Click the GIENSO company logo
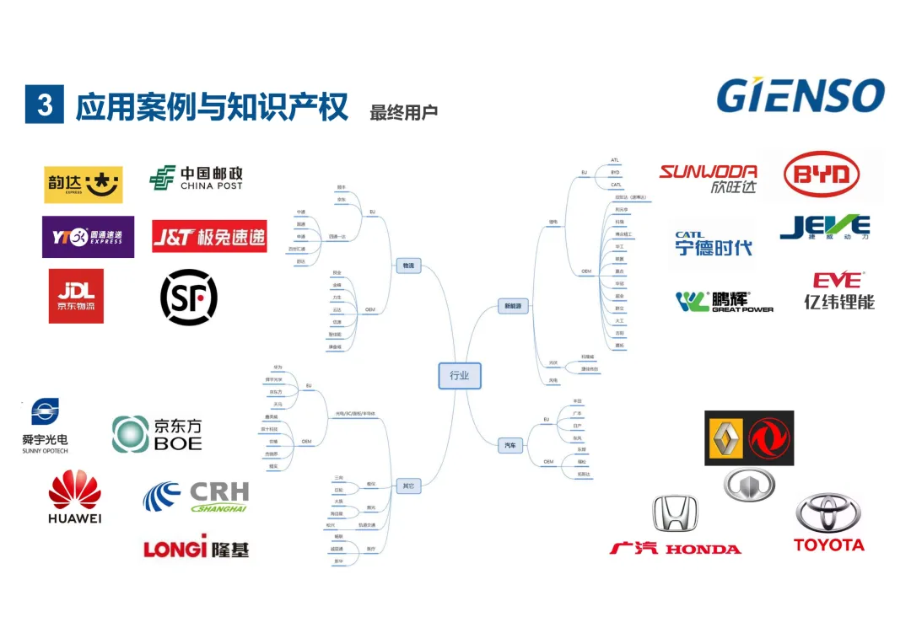coord(800,95)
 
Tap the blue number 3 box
coord(44,104)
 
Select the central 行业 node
coord(459,375)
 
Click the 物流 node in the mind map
coord(408,266)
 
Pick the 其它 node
coord(408,486)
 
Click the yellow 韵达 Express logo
coord(83,185)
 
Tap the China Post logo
coord(196,178)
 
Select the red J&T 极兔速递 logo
coord(209,237)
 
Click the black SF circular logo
coord(189,297)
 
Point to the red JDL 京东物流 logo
coord(76,296)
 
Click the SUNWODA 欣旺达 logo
coord(708,179)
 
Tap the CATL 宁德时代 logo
coord(713,244)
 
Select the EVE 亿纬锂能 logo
coord(838,291)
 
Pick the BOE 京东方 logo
coord(158,433)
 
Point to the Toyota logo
coord(829,523)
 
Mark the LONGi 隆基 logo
coord(197,548)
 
